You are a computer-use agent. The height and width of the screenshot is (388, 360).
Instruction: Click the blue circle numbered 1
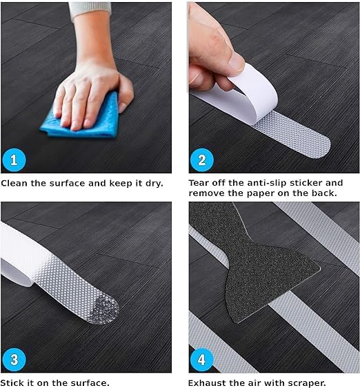click(14, 160)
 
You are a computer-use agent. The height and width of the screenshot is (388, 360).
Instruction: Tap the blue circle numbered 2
click(202, 160)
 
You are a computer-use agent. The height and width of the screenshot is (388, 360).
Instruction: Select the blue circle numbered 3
click(14, 360)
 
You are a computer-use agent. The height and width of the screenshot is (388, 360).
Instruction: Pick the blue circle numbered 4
click(202, 360)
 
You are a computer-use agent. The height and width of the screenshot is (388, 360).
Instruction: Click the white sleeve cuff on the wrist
click(90, 10)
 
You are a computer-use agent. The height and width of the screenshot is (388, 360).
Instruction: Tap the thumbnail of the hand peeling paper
click(236, 61)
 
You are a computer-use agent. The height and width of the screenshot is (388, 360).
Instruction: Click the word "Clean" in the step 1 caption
click(14, 184)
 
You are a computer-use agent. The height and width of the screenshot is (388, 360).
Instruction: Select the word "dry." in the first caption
click(154, 184)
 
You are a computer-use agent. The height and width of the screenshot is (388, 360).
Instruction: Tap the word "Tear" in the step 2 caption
click(199, 183)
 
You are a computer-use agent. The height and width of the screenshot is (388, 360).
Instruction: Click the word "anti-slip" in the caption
click(267, 183)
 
